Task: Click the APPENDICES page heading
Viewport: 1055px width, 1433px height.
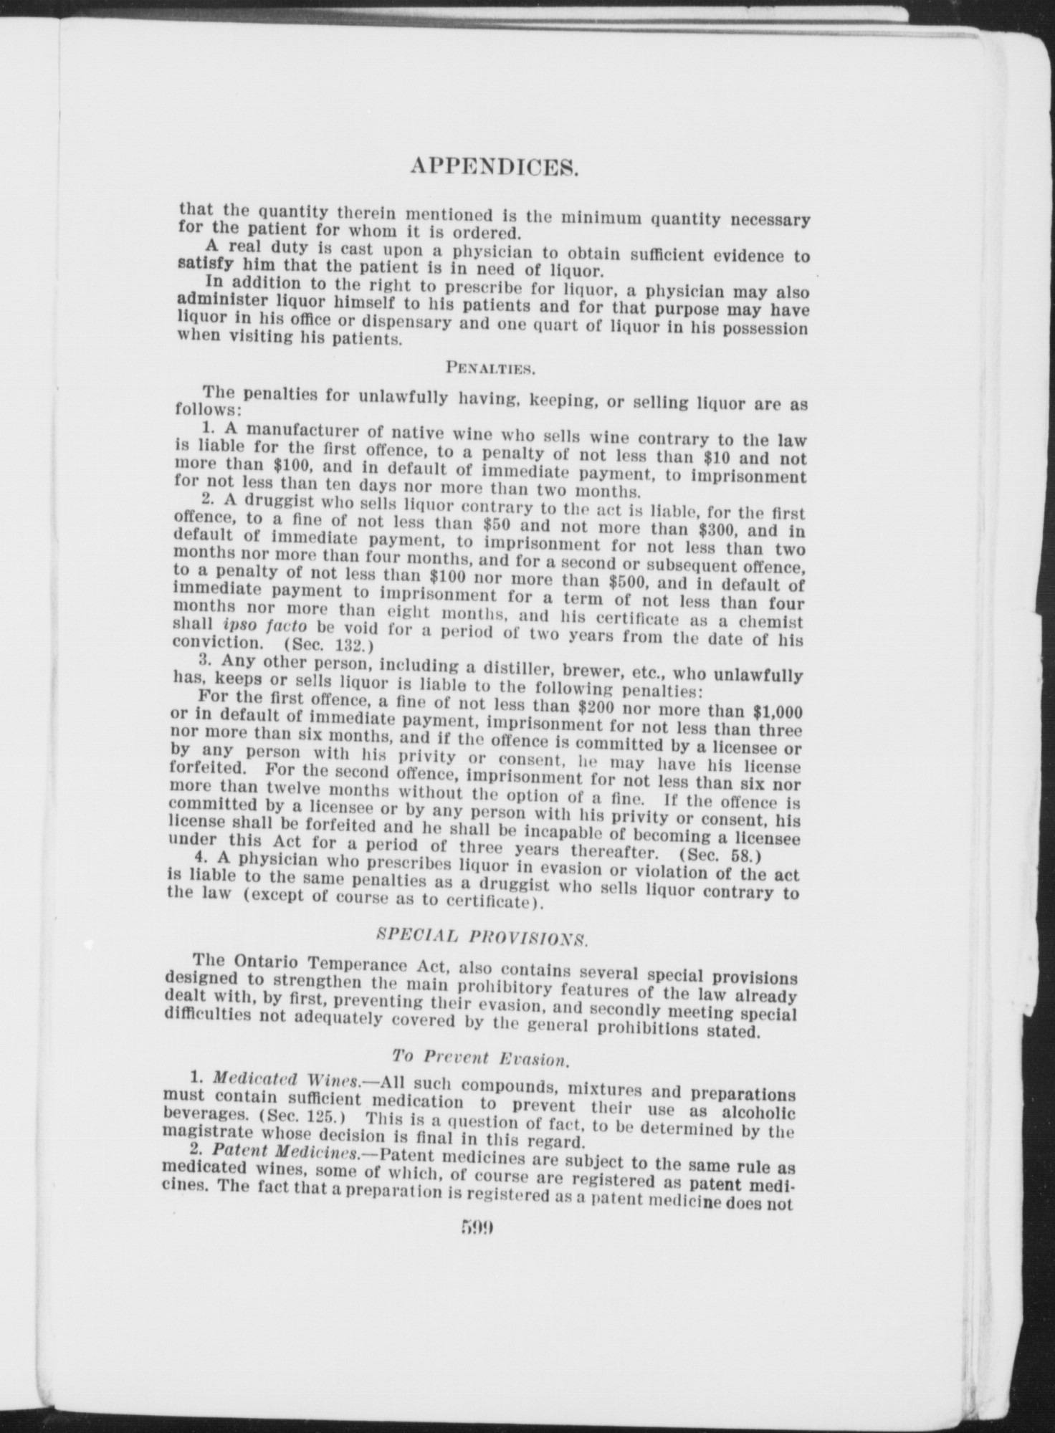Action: point(494,167)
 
